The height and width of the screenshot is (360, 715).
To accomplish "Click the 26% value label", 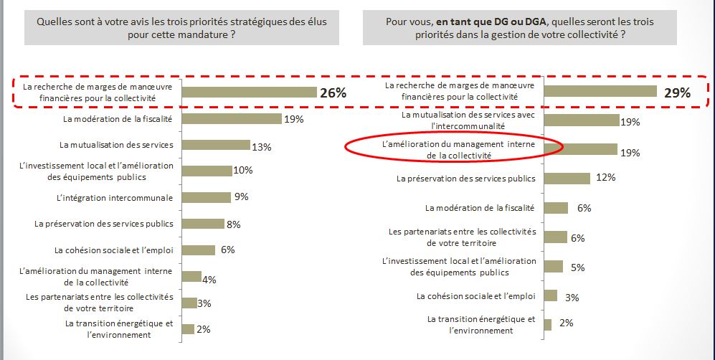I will click(333, 93).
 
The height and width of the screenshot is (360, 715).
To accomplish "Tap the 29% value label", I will click(676, 93).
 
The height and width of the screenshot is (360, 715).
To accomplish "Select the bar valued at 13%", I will click(216, 145).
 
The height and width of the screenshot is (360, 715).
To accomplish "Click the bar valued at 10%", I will click(207, 171).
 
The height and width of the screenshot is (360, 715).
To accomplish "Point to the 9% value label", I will click(242, 196).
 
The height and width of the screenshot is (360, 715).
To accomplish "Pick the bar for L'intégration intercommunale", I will click(206, 197).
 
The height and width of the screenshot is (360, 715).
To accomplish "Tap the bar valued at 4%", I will click(191, 277).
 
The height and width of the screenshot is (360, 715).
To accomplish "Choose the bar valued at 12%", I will click(567, 178).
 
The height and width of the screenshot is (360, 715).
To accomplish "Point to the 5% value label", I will click(578, 267).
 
